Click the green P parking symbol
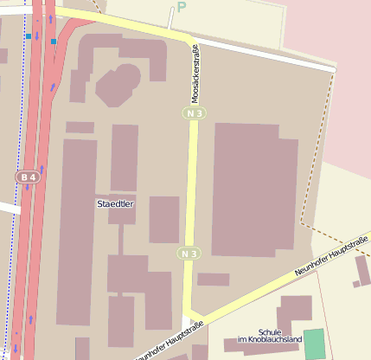(182, 7)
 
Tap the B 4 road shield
(29, 177)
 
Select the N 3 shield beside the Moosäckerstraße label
(194, 113)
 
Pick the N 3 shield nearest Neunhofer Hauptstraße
(189, 253)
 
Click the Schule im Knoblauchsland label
(269, 334)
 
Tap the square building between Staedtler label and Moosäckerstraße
(163, 219)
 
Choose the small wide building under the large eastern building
(213, 280)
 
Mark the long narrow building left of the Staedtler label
(76, 229)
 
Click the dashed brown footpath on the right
(317, 156)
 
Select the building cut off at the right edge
(363, 271)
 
